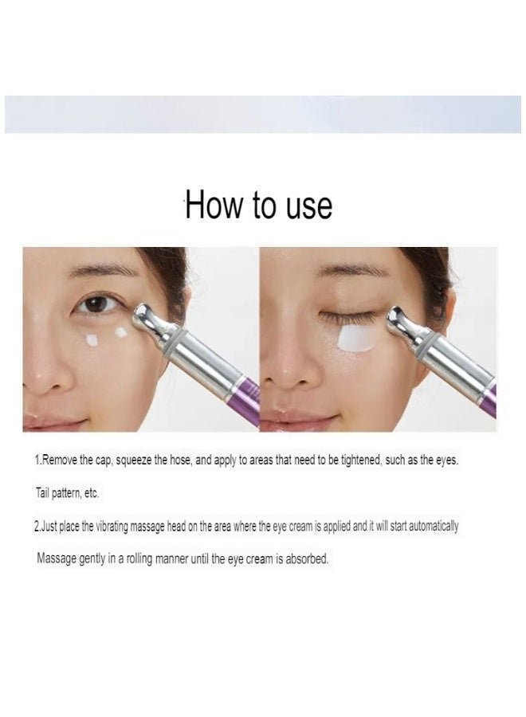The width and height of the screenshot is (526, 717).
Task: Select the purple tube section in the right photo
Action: pyautogui.click(x=489, y=398)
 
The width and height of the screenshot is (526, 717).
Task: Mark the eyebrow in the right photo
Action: pyautogui.click(x=343, y=271)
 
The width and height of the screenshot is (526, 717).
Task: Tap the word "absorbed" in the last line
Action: pyautogui.click(x=305, y=559)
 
